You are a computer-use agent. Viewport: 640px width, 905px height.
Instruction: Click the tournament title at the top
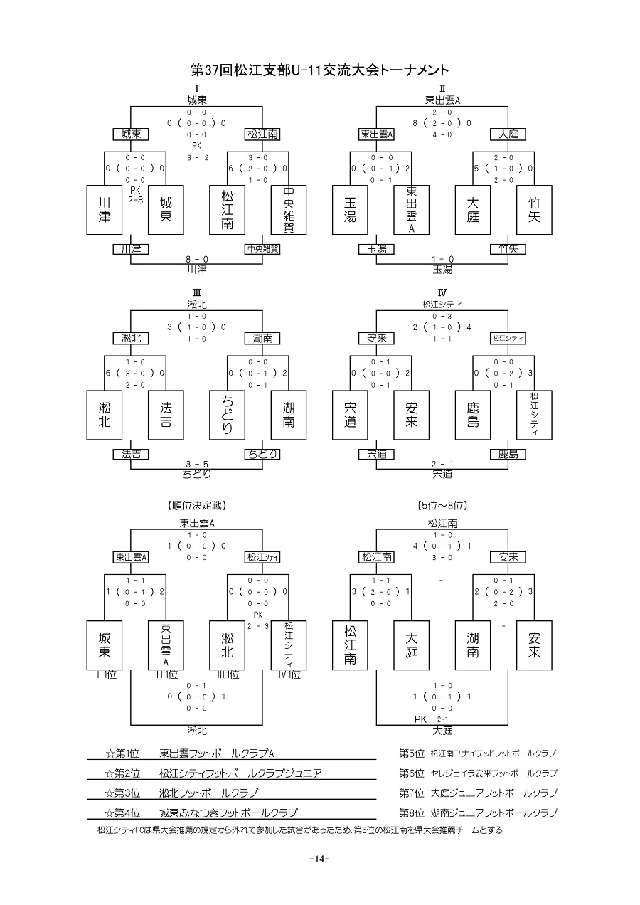pyautogui.click(x=320, y=70)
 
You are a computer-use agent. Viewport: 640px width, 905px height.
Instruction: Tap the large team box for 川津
pyautogui.click(x=105, y=210)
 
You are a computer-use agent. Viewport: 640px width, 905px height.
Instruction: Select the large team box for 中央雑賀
pyautogui.click(x=289, y=210)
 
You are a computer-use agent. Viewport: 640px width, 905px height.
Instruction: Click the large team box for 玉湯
pyautogui.click(x=351, y=210)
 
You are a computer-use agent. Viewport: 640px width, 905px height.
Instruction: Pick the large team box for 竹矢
pyautogui.click(x=535, y=210)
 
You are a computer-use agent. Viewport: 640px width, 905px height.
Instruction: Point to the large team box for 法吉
pyautogui.click(x=166, y=415)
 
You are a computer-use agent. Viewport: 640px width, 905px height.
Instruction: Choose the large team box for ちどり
pyautogui.click(x=228, y=415)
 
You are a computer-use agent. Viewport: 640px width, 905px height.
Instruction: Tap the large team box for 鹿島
pyautogui.click(x=474, y=415)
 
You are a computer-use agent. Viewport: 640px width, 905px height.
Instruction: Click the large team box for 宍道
pyautogui.click(x=351, y=415)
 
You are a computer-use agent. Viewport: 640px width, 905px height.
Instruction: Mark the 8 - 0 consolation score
pyautogui.click(x=197, y=260)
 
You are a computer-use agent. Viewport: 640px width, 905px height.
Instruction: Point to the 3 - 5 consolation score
pyautogui.click(x=197, y=464)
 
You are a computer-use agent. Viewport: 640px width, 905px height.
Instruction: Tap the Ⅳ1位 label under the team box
pyautogui.click(x=289, y=674)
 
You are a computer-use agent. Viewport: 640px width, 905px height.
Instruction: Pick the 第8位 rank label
pyautogui.click(x=412, y=813)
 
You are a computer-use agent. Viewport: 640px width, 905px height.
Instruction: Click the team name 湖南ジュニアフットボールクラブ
pyautogui.click(x=494, y=813)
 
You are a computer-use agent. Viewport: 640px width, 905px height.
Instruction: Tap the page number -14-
pyautogui.click(x=320, y=859)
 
